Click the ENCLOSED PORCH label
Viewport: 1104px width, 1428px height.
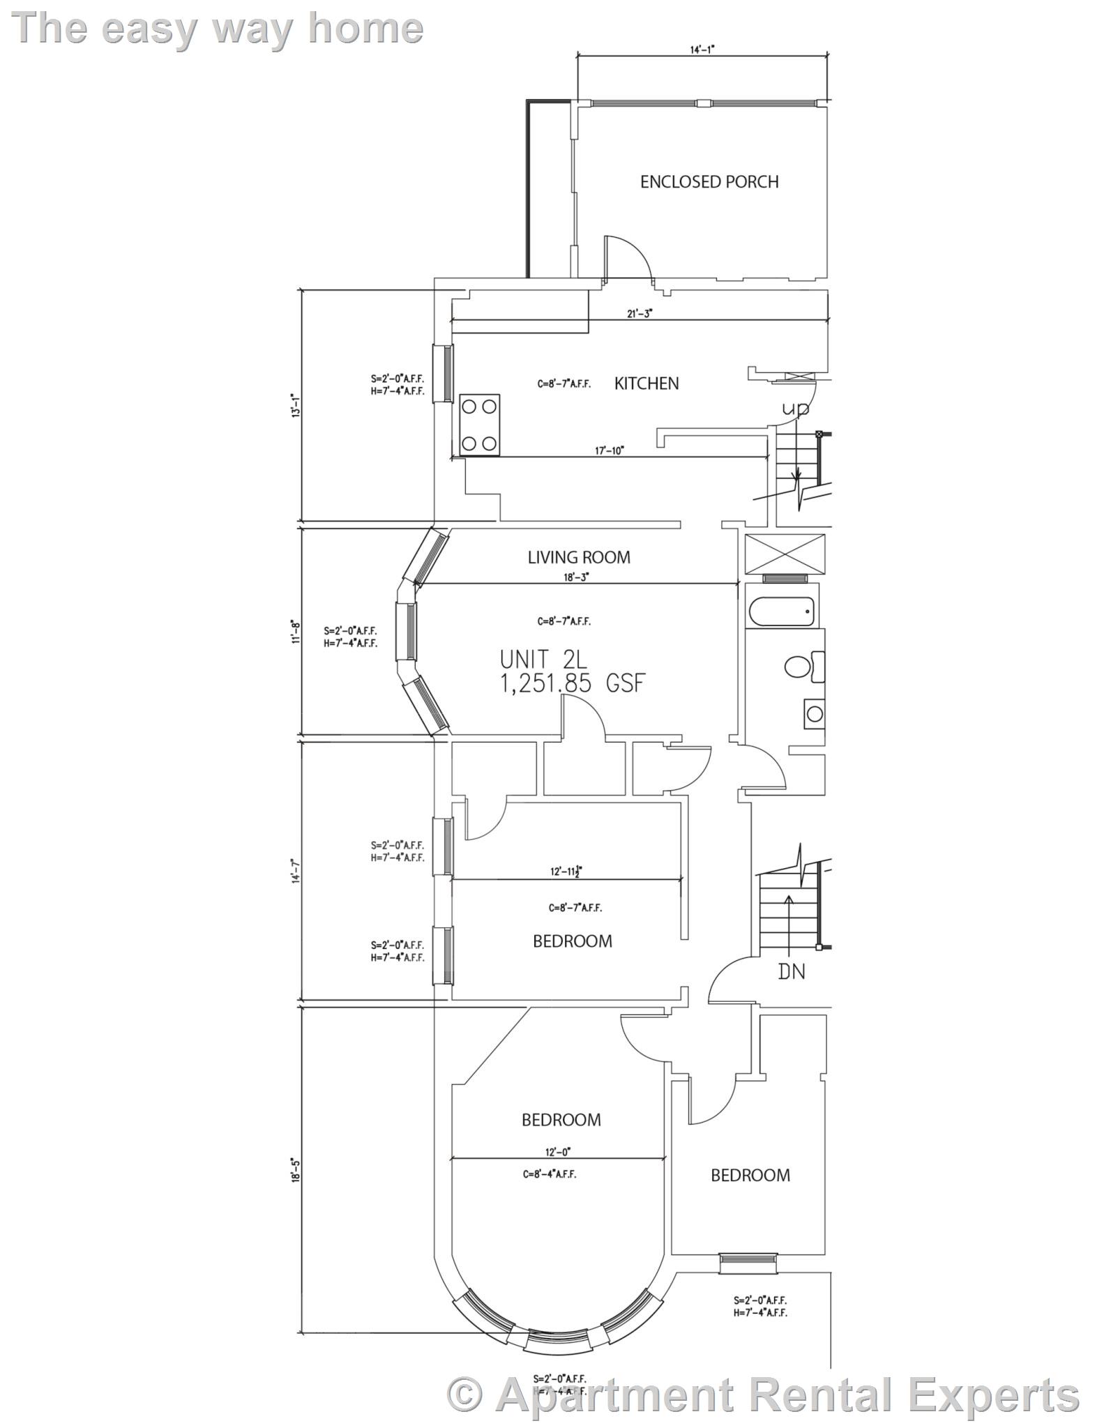coord(709,182)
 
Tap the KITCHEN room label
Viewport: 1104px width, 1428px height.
coord(646,383)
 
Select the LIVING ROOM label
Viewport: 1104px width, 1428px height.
coord(578,557)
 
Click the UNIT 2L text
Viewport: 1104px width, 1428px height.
coord(543,659)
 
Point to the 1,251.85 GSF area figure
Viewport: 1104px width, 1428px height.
coord(572,683)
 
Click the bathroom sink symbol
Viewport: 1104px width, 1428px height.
coord(813,713)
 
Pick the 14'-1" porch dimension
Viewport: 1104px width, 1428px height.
coord(702,50)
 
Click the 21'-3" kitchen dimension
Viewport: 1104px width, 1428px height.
coord(639,314)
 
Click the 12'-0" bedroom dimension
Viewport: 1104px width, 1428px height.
coord(558,1153)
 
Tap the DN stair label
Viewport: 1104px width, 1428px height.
coord(791,971)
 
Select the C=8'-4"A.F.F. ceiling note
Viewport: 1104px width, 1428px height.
coord(550,1174)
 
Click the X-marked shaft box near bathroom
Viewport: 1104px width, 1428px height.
coord(785,554)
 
